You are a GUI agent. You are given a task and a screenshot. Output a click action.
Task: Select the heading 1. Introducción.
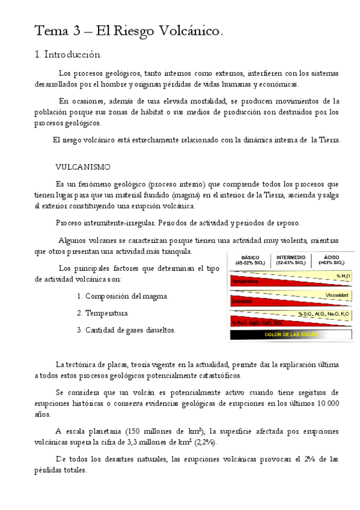(68, 55)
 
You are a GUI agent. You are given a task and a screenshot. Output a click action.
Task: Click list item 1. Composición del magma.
(123, 296)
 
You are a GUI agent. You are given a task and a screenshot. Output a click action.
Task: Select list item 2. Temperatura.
(103, 313)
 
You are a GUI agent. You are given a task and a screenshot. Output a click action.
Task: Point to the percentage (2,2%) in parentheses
(206, 442)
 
